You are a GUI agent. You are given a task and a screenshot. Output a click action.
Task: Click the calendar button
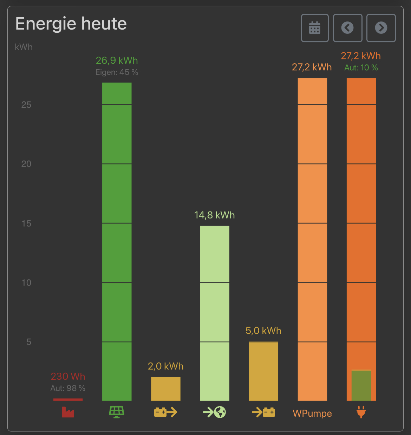pos(315,28)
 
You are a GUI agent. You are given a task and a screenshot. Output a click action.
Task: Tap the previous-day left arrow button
pos(347,28)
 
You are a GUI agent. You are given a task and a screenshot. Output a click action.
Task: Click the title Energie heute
pos(71,24)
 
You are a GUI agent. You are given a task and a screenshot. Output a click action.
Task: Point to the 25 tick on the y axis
pos(26,105)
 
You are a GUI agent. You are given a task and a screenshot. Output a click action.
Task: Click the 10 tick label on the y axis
pos(26,283)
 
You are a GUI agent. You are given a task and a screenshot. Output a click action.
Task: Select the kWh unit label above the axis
pos(24,47)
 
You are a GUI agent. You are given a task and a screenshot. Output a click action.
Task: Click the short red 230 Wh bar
pos(68,399)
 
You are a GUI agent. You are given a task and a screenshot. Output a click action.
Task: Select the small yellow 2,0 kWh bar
pos(166,389)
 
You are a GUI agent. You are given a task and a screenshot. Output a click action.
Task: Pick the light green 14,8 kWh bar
pos(215,313)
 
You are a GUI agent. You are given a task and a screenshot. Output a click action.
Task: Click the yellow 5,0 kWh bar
pos(263,371)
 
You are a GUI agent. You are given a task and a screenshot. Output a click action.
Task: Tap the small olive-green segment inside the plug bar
pos(361,385)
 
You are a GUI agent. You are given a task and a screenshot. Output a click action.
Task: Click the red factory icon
pos(68,412)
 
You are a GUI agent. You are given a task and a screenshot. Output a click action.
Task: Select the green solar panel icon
pos(117,412)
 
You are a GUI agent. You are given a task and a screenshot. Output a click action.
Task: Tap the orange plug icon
pos(361,412)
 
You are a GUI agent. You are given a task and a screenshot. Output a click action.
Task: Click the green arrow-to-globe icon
pos(215,412)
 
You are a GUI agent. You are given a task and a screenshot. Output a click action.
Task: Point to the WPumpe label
pos(312,414)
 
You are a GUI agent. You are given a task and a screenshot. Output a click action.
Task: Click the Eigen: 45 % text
pos(117,72)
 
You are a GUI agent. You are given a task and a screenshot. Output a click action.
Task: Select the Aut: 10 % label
pos(361,68)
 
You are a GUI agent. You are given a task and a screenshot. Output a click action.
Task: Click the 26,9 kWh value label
pos(117,61)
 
